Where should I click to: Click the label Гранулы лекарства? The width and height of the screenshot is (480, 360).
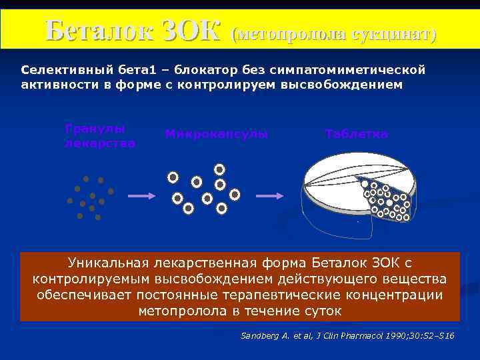click(x=99, y=135)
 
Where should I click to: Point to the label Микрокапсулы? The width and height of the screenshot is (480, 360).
click(x=216, y=134)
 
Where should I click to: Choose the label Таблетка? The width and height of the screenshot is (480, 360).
click(x=357, y=134)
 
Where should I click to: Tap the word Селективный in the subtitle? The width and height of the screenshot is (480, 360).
click(x=58, y=69)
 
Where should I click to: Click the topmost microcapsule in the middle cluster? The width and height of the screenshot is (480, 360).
click(x=219, y=169)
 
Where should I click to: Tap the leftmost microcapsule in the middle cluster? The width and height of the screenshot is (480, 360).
click(x=173, y=177)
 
